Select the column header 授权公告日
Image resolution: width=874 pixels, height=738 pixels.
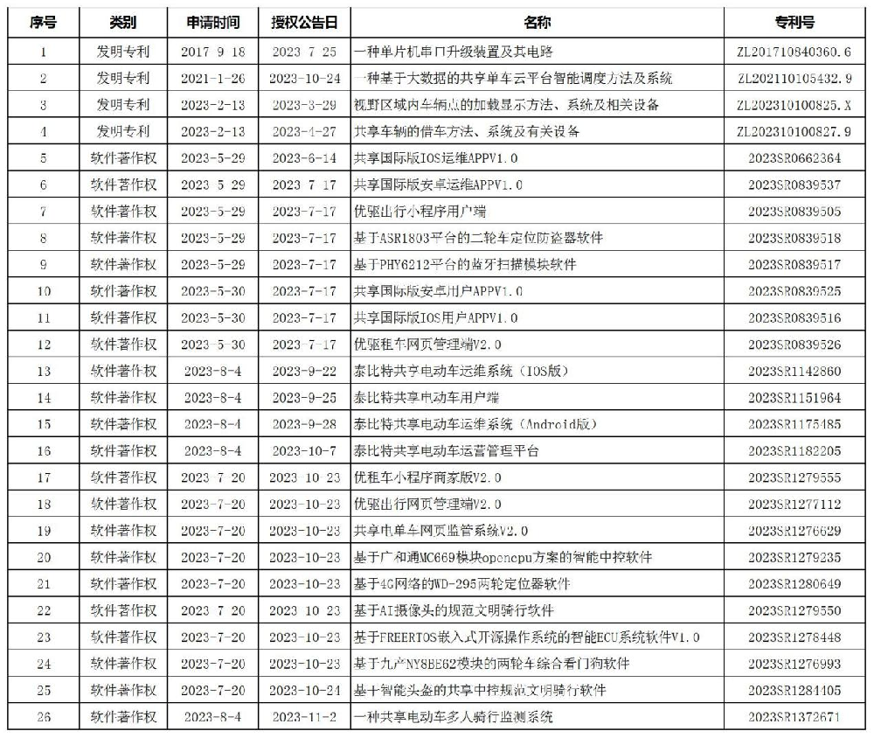(304, 23)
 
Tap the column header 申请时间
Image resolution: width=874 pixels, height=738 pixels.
(213, 23)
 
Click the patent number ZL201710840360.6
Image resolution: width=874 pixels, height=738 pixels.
(794, 52)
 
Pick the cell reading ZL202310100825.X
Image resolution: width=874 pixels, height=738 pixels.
(794, 105)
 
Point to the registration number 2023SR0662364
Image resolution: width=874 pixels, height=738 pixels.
(794, 158)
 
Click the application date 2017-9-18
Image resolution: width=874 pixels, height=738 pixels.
(213, 52)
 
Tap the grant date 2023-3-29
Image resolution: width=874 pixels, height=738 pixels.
(304, 105)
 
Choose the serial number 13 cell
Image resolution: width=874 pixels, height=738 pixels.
(44, 372)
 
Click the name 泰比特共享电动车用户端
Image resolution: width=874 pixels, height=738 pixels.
(426, 398)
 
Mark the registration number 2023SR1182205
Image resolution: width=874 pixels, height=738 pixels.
(794, 451)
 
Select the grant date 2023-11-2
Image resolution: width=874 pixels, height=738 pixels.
(304, 717)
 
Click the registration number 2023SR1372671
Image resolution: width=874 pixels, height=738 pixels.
(794, 717)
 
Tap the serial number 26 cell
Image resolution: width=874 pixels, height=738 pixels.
(44, 717)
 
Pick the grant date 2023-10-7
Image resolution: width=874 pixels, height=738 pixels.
(304, 451)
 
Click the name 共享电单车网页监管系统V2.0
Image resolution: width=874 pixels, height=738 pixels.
(440, 531)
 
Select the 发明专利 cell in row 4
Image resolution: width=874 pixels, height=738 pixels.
(123, 132)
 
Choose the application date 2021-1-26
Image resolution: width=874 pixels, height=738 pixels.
(213, 79)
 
